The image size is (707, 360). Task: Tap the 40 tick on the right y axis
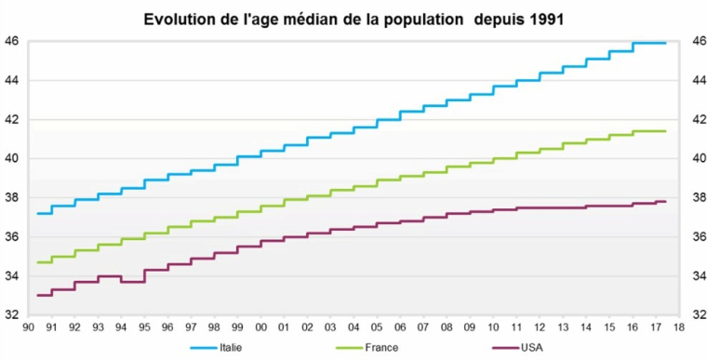click(x=697, y=158)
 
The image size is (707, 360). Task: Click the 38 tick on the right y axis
click(x=697, y=197)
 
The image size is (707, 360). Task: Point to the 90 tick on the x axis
click(x=28, y=327)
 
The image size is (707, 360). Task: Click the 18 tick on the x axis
click(x=679, y=327)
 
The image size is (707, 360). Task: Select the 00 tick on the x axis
click(x=260, y=327)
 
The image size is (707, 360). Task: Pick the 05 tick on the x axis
click(x=377, y=327)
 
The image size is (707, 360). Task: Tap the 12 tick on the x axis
click(x=540, y=327)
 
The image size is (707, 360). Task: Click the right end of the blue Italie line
click(x=665, y=43)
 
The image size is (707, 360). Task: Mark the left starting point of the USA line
click(x=37, y=295)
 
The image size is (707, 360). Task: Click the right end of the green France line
click(x=665, y=131)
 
